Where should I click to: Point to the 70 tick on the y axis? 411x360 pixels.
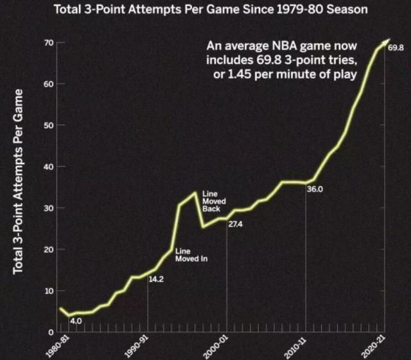click(x=48, y=43)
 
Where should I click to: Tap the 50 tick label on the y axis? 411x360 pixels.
click(x=48, y=125)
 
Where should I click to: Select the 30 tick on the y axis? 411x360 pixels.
click(x=48, y=208)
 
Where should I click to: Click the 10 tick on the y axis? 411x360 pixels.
click(x=48, y=291)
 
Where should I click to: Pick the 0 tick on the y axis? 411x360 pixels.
click(x=50, y=332)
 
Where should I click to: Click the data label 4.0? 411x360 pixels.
click(x=76, y=320)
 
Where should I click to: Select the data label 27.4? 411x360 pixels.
click(x=235, y=224)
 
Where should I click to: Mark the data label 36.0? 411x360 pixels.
click(x=315, y=189)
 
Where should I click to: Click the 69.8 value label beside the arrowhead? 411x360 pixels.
click(x=396, y=48)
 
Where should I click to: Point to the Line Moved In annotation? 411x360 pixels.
click(x=191, y=255)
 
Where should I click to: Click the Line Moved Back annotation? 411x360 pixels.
click(x=211, y=201)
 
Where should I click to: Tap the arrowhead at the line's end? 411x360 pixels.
click(x=387, y=41)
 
